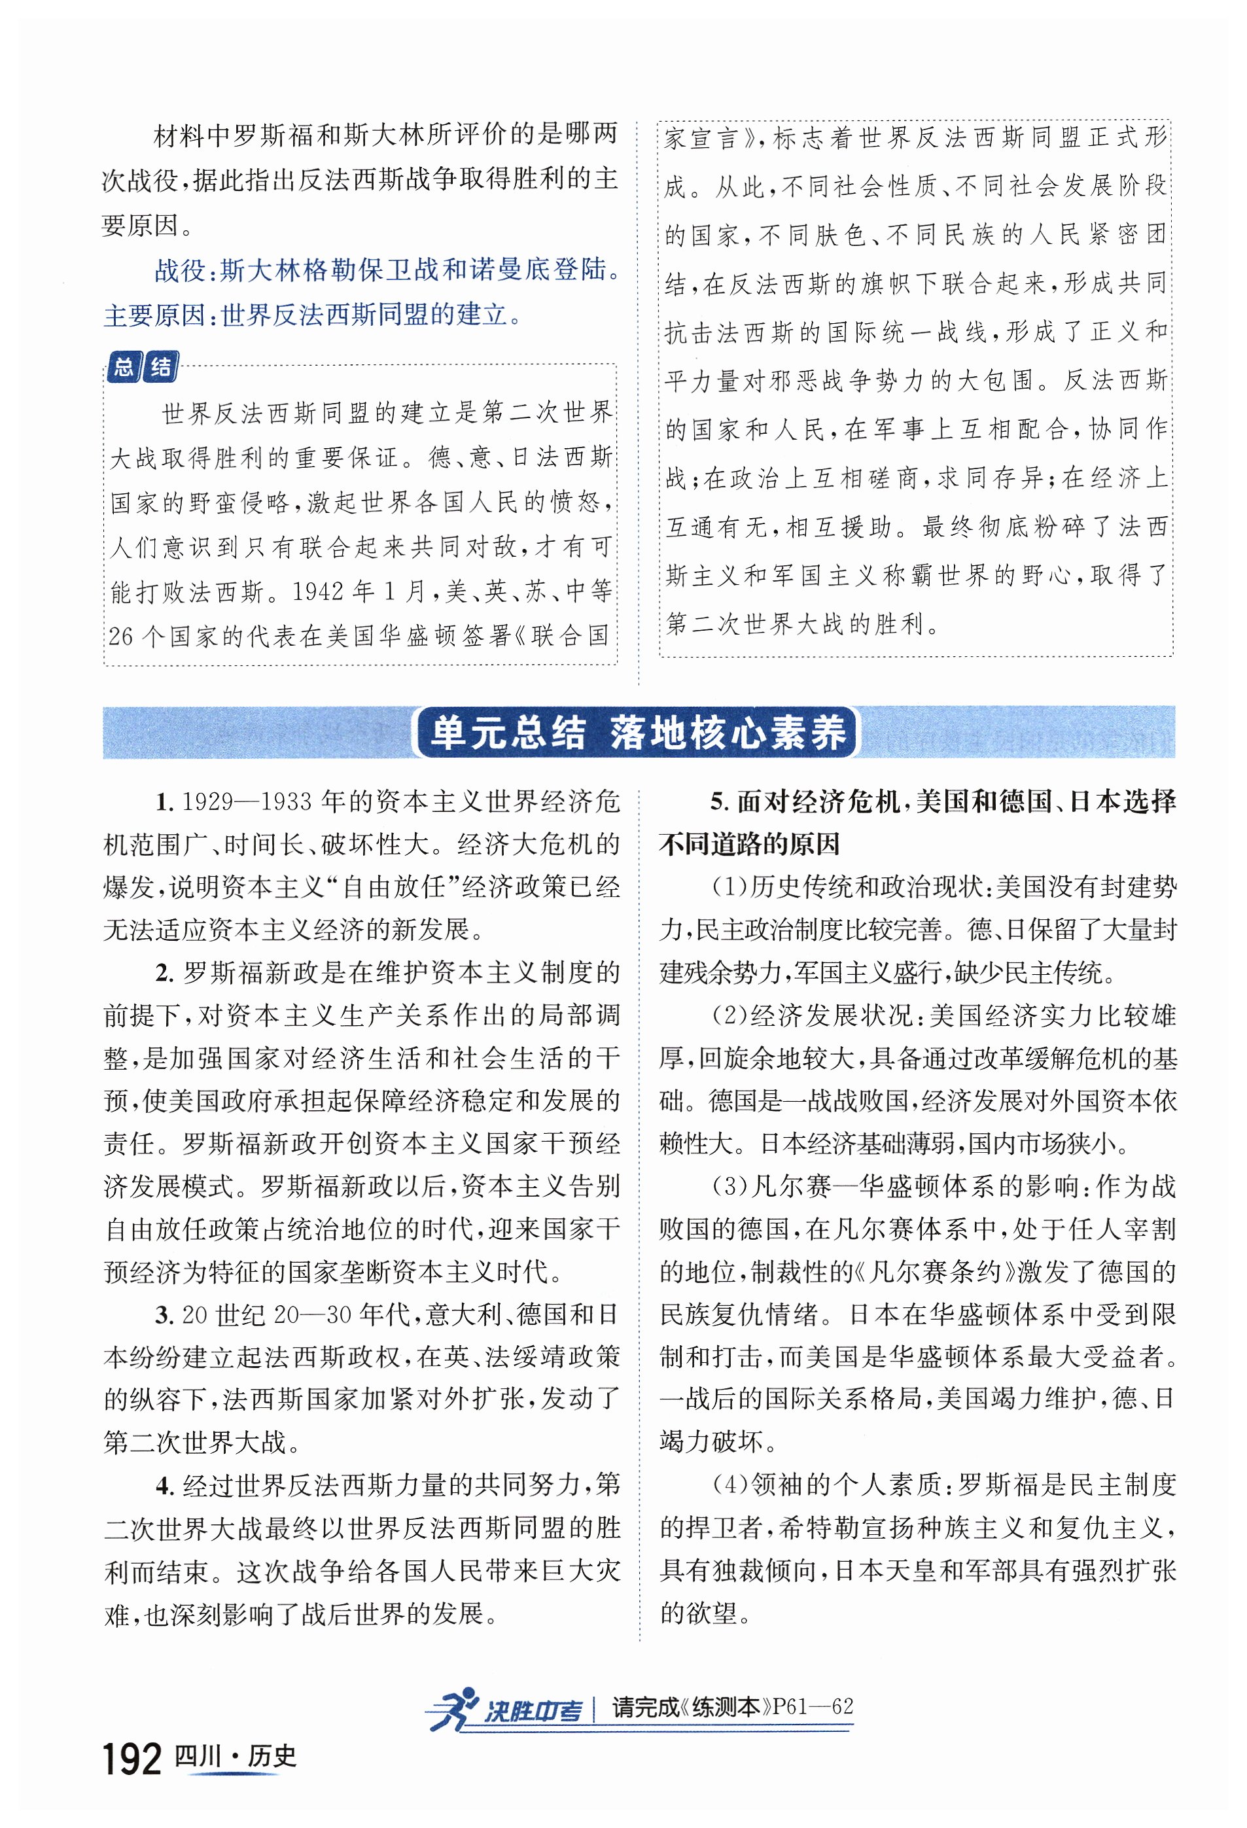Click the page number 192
132,1759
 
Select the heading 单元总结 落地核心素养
637,732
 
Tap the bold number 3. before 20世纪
164,1314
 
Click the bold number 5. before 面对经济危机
719,802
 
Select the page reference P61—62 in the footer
813,1706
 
